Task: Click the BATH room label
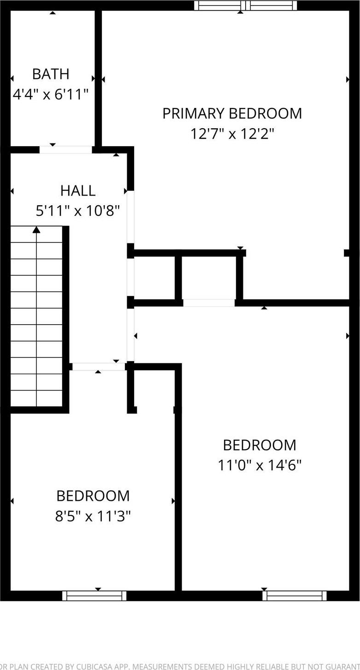tap(51, 74)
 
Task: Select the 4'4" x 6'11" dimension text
tap(51, 95)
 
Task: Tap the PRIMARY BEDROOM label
tap(232, 113)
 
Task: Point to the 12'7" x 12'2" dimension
tap(232, 134)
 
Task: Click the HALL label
tap(78, 190)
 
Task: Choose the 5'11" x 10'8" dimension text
tap(78, 211)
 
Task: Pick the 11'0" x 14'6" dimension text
tap(260, 465)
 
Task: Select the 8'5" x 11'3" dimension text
tap(93, 516)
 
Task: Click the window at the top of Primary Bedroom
tap(245, 6)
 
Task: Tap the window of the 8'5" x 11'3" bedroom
tap(94, 596)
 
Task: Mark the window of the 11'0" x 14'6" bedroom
tap(295, 596)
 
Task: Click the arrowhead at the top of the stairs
tap(36, 229)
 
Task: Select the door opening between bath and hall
tap(65, 150)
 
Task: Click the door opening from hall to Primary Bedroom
tap(131, 217)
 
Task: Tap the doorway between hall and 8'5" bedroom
tap(99, 367)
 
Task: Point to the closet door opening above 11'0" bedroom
tap(209, 303)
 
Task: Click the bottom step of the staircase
tap(36, 399)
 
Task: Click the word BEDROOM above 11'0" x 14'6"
tap(260, 445)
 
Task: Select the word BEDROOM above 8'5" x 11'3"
tap(93, 496)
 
